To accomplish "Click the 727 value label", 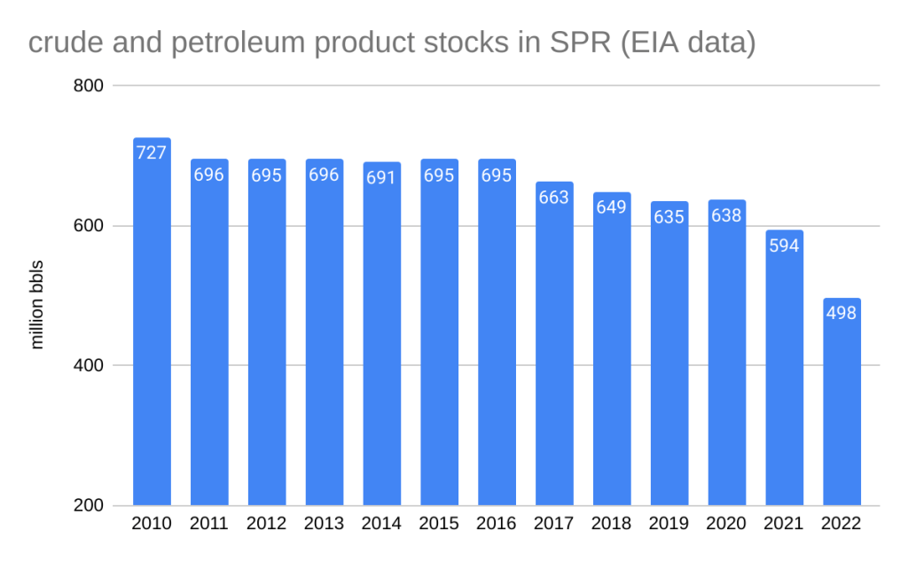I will (x=152, y=152).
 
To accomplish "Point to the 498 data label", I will (x=841, y=313).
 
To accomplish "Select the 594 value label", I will (x=784, y=245).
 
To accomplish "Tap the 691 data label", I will (x=382, y=176).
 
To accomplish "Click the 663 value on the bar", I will (x=554, y=197).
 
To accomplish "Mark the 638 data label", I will (x=726, y=215).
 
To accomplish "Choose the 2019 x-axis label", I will (x=669, y=524).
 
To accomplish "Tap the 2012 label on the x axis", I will (x=267, y=524).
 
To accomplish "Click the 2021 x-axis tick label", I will (x=784, y=524).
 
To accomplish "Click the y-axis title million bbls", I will (x=37, y=305).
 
